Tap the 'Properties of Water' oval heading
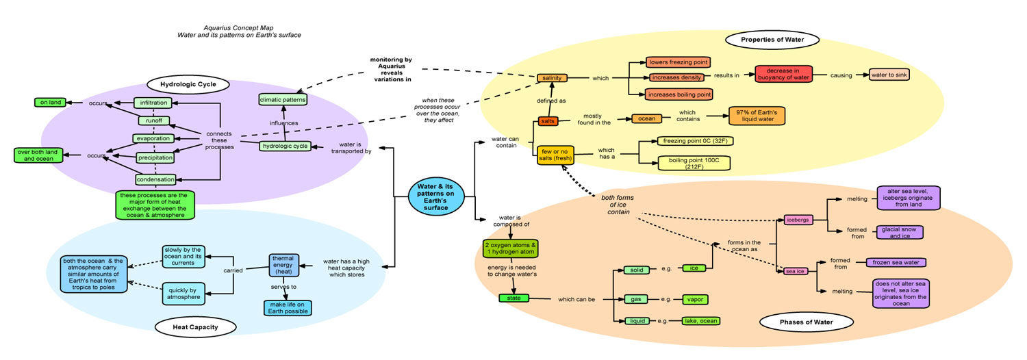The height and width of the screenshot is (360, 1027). click(x=772, y=40)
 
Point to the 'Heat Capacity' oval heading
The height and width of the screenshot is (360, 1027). click(x=195, y=327)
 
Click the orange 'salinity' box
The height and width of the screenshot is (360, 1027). click(x=552, y=78)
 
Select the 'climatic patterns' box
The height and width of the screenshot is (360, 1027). click(x=283, y=100)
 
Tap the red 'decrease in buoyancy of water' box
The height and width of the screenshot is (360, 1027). click(x=783, y=75)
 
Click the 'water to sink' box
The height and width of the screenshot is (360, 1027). click(x=889, y=75)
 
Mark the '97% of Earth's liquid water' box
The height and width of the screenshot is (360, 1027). click(x=756, y=116)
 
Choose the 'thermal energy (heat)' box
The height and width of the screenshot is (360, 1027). click(x=284, y=263)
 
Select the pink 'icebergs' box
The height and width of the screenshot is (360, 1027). click(x=798, y=220)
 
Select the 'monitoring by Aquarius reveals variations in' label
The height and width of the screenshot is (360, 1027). click(x=390, y=70)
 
